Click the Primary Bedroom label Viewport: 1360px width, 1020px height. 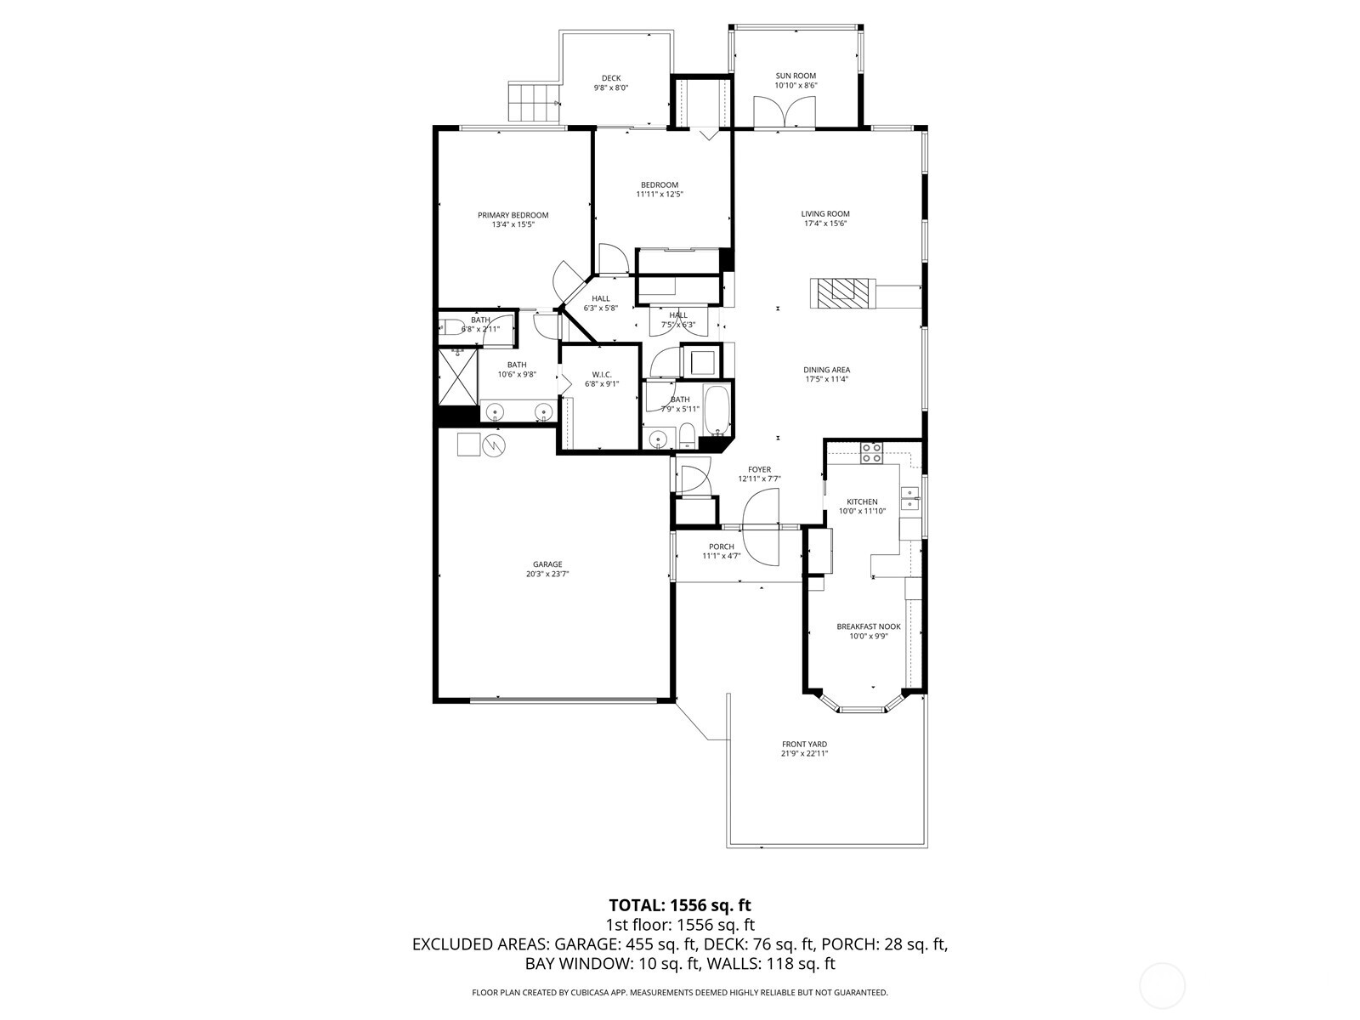(513, 215)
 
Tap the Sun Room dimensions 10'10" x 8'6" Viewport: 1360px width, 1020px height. (795, 86)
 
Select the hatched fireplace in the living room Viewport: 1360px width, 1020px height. (841, 293)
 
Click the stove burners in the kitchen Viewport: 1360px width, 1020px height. (871, 453)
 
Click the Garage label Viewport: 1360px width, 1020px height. (547, 564)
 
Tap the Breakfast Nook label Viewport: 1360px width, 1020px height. (868, 626)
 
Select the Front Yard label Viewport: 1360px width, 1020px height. (804, 744)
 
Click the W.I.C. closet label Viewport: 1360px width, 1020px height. (602, 374)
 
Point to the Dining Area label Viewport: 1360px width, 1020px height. (826, 370)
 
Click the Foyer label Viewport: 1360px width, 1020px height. (759, 469)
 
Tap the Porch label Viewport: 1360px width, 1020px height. (721, 547)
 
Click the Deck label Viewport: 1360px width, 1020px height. (610, 78)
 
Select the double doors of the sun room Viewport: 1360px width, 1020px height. (785, 111)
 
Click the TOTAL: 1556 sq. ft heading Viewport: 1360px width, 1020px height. (680, 905)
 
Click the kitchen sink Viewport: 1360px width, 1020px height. (910, 498)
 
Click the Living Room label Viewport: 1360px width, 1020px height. (824, 214)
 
